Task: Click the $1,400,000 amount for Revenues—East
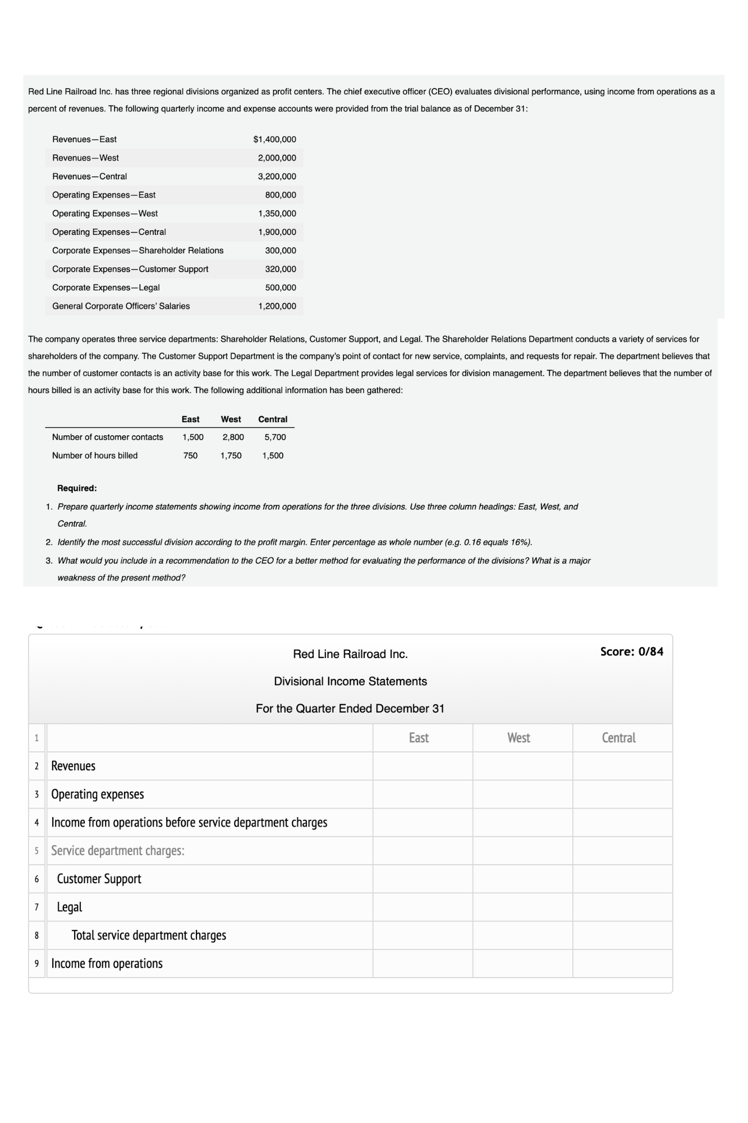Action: pyautogui.click(x=274, y=139)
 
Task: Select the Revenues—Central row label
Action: pyautogui.click(x=89, y=176)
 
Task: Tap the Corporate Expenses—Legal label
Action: pyautogui.click(x=105, y=287)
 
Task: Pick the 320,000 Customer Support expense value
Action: pyautogui.click(x=280, y=269)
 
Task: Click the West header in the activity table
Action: pyautogui.click(x=231, y=419)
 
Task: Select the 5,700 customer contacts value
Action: pyautogui.click(x=275, y=437)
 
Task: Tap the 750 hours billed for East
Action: pyautogui.click(x=190, y=455)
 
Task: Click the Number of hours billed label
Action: pyautogui.click(x=94, y=455)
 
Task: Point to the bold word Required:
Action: pyautogui.click(x=77, y=488)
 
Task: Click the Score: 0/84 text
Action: pyautogui.click(x=631, y=651)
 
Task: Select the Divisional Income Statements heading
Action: pyautogui.click(x=350, y=681)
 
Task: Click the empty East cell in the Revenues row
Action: pyautogui.click(x=423, y=766)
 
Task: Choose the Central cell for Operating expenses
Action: pyautogui.click(x=622, y=794)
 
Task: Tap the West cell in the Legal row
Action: pyautogui.click(x=522, y=907)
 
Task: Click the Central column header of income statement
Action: pyautogui.click(x=618, y=738)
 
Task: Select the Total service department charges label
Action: pyautogui.click(x=149, y=935)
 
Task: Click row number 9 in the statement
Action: pyautogui.click(x=36, y=964)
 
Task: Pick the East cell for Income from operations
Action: pyautogui.click(x=423, y=964)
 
